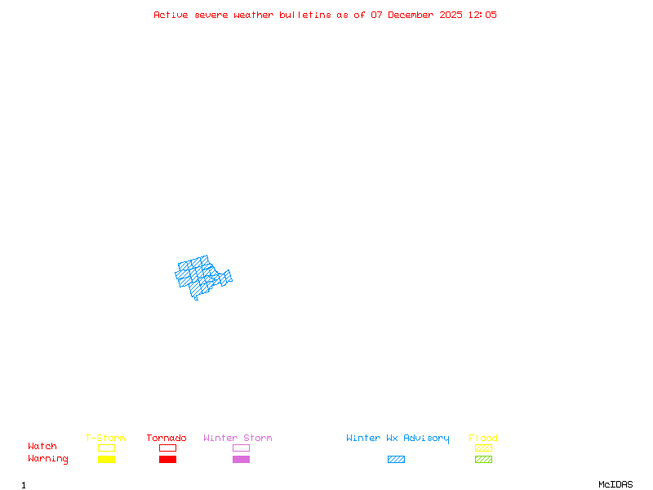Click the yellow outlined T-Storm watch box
(106, 448)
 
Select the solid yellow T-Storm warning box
(106, 459)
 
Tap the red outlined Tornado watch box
(167, 448)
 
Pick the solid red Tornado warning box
(167, 459)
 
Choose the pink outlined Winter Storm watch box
(241, 448)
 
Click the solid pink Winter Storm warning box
(241, 459)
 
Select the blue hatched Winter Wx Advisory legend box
(396, 459)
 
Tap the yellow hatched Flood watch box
(483, 448)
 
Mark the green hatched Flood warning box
(483, 459)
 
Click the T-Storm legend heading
(105, 438)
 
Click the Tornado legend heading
(167, 438)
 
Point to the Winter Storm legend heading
(238, 438)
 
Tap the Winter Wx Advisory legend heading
(398, 438)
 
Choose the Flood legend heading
(483, 438)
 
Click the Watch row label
(42, 447)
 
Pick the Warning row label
(48, 459)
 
